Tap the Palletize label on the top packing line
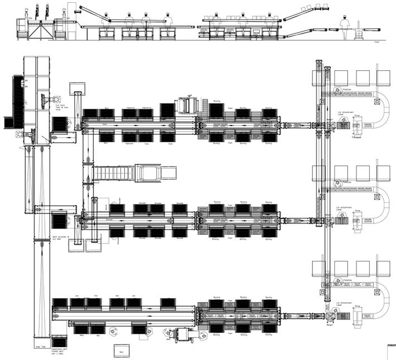(x=347, y=89)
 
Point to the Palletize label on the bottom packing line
(x=347, y=280)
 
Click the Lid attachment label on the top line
(x=344, y=114)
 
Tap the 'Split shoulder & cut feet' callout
(x=60, y=239)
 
